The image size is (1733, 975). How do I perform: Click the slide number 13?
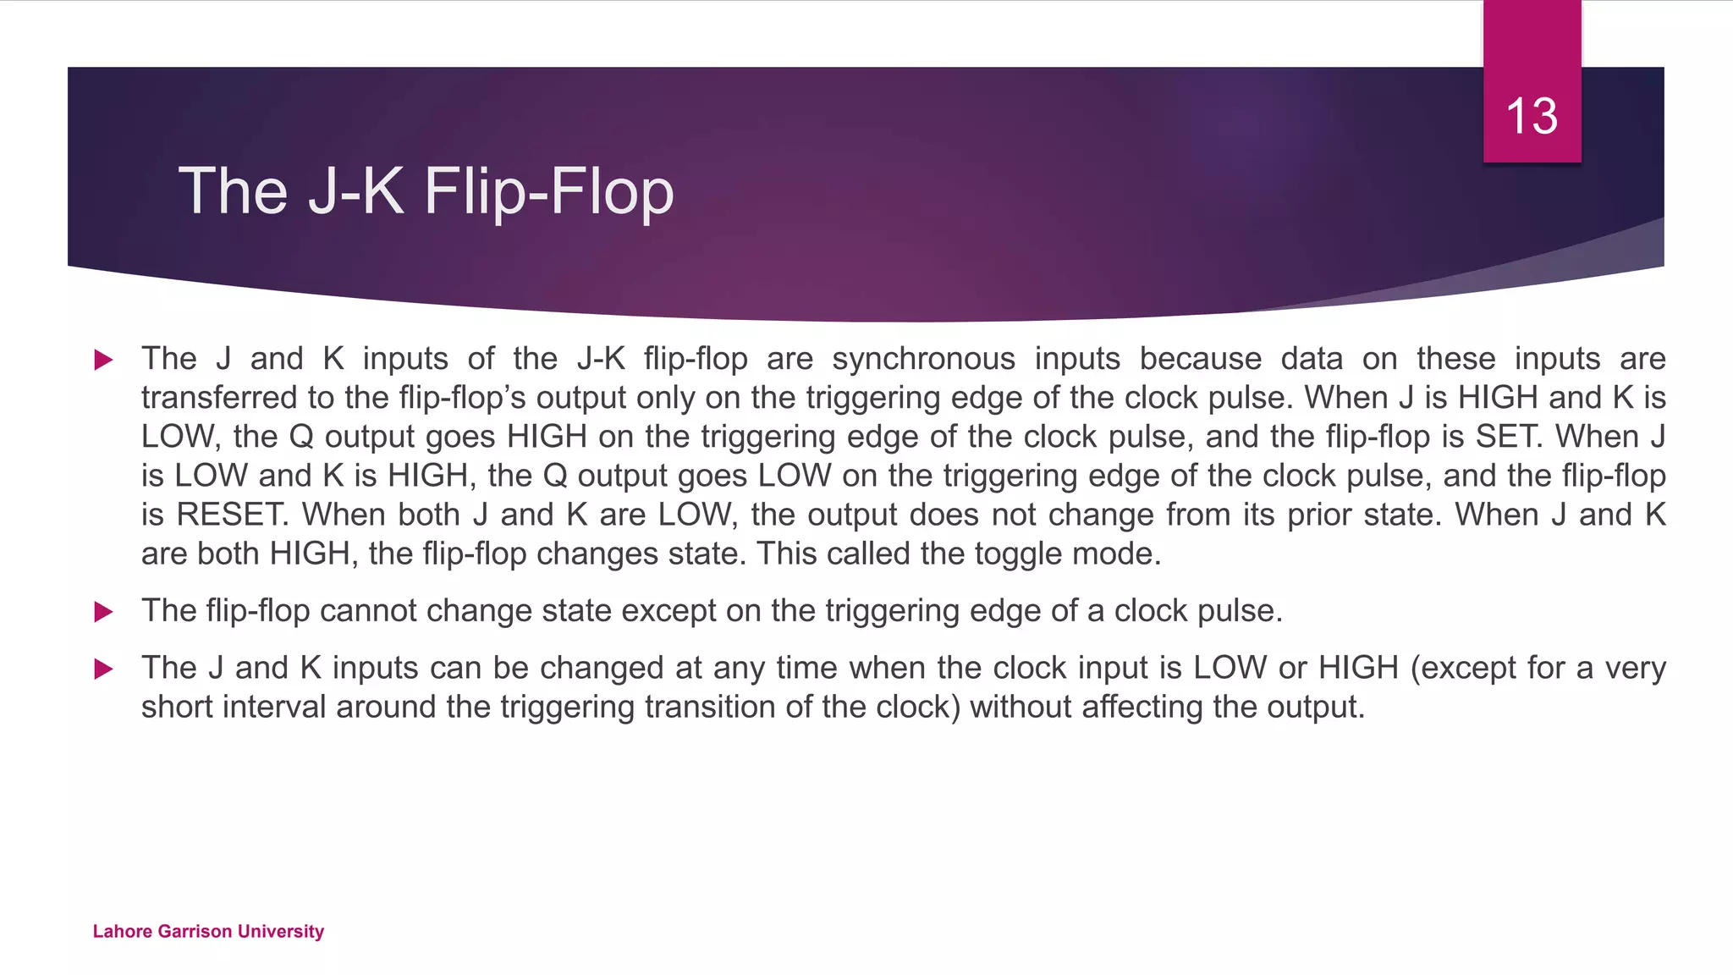click(x=1532, y=116)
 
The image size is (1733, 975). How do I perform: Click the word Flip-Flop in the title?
click(x=549, y=191)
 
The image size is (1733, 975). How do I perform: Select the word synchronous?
click(x=923, y=359)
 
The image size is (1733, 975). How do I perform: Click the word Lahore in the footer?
click(x=121, y=932)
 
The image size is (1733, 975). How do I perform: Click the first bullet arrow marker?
click(x=103, y=360)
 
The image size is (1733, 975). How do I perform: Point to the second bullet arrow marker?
click(x=103, y=611)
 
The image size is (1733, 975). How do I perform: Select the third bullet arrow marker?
click(x=103, y=669)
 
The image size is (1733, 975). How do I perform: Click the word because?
click(x=1200, y=359)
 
